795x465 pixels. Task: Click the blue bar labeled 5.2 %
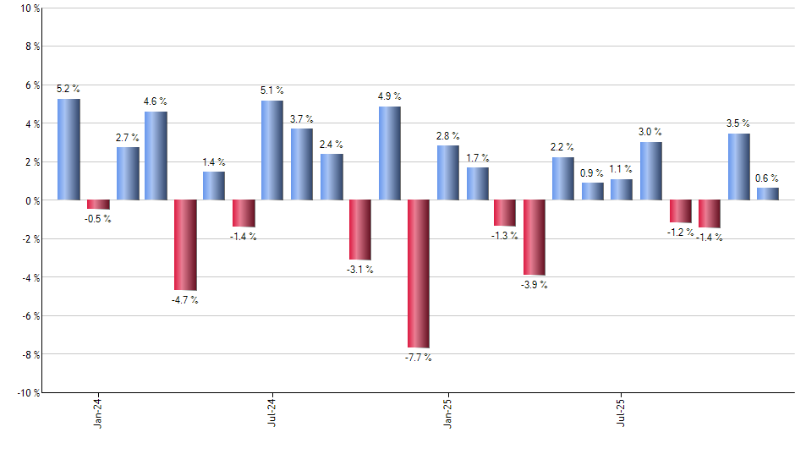click(69, 150)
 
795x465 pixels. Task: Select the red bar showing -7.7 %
click(418, 273)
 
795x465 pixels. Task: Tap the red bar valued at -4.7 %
click(185, 244)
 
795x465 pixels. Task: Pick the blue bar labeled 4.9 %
click(389, 153)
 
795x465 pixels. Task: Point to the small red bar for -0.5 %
click(98, 204)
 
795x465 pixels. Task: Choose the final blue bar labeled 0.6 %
click(767, 194)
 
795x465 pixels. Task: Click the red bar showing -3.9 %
click(534, 237)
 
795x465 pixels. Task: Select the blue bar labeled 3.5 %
click(738, 167)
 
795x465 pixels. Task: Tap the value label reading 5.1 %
click(272, 90)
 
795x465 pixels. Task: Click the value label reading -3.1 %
click(359, 270)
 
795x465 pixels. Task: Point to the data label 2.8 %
click(447, 135)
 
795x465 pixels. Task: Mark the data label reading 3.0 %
click(650, 132)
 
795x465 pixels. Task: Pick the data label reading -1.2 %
click(681, 232)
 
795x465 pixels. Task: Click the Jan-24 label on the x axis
click(99, 412)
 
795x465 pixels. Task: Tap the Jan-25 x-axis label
click(447, 412)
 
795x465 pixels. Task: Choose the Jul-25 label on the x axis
click(622, 412)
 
